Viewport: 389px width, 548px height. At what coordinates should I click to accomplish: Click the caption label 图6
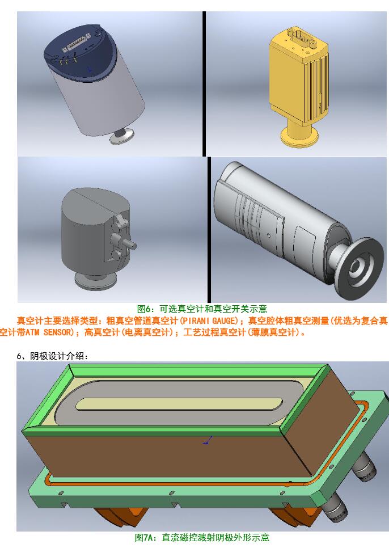(x=145, y=309)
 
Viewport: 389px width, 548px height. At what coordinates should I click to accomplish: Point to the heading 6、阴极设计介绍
(x=52, y=356)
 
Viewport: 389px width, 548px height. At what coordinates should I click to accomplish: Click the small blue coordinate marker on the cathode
(x=208, y=440)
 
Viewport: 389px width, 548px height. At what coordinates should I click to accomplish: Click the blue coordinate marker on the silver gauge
(x=89, y=69)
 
